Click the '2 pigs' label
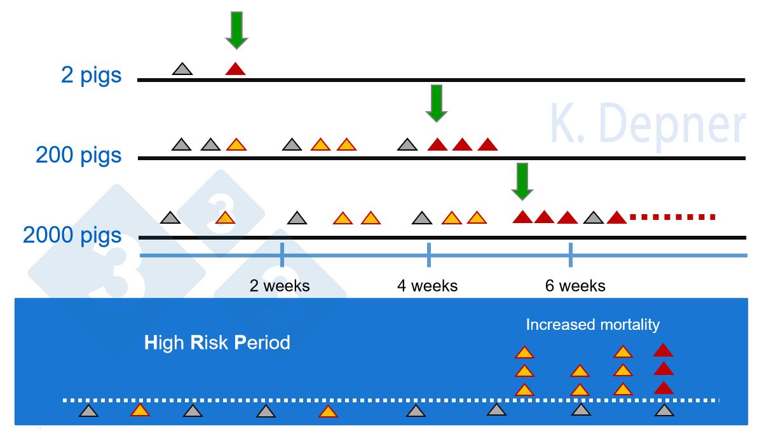tap(91, 75)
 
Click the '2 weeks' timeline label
tap(280, 285)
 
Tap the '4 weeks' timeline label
tap(427, 285)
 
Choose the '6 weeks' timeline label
tap(575, 285)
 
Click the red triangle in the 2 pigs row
tap(235, 69)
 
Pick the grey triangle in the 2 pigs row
tap(182, 69)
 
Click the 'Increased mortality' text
tap(592, 325)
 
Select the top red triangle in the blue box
tap(663, 350)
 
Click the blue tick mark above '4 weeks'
tap(429, 255)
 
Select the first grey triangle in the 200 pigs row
tap(182, 145)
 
